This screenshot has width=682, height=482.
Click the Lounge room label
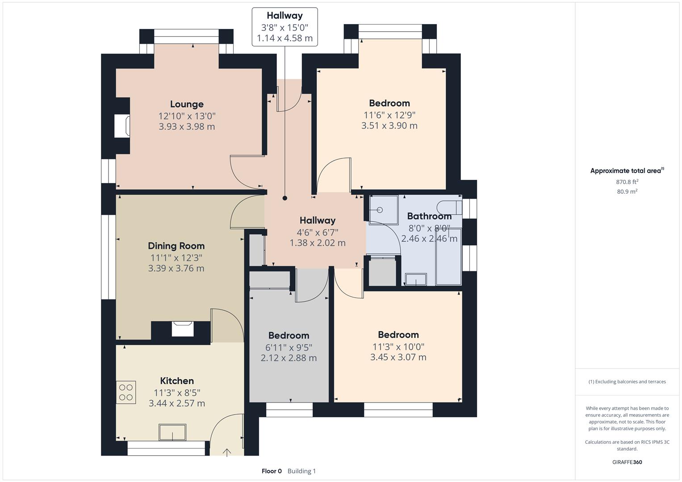(x=187, y=104)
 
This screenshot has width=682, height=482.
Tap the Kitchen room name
(x=177, y=381)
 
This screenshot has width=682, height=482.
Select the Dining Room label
(x=176, y=246)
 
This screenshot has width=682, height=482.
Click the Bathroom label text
(x=429, y=216)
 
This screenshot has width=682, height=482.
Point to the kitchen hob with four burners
(x=126, y=392)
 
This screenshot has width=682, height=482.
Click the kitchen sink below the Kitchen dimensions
(x=172, y=432)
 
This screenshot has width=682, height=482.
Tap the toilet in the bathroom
(x=449, y=208)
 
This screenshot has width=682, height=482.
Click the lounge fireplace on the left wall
(x=122, y=126)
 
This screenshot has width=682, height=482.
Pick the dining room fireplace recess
(x=183, y=329)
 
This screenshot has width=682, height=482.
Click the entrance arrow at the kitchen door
(x=226, y=453)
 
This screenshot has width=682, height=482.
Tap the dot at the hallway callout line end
(x=285, y=198)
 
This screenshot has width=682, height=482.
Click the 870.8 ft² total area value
(x=627, y=182)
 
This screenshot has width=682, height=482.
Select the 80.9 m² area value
(x=627, y=191)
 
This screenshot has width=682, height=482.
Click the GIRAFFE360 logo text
(x=627, y=462)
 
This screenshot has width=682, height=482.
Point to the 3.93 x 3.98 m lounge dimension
(x=187, y=126)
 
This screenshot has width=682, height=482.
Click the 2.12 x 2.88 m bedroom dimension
(x=289, y=358)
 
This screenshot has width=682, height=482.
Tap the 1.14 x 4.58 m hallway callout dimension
(x=285, y=38)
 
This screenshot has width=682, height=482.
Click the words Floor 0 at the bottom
(x=272, y=471)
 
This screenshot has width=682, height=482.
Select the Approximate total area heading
(x=627, y=170)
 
